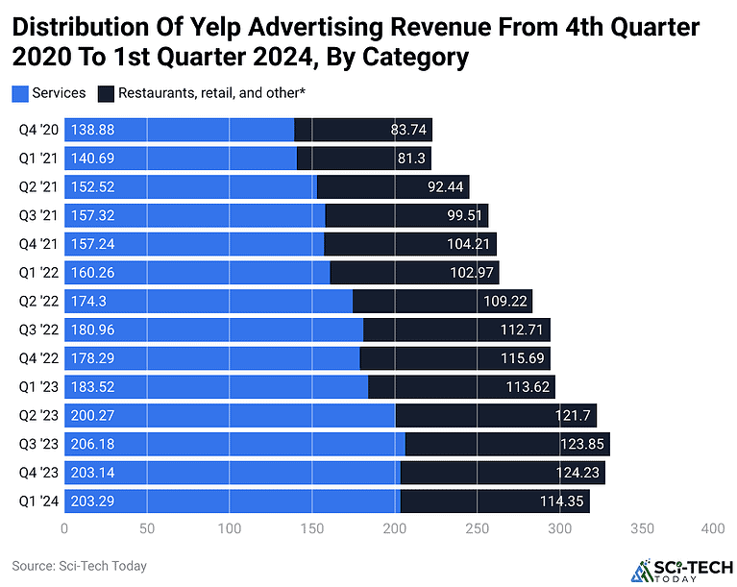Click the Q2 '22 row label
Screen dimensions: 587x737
[x=37, y=302]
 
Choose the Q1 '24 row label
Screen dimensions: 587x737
[x=37, y=501]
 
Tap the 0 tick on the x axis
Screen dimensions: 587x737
[x=64, y=528]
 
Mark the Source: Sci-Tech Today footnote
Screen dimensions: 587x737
[x=79, y=566]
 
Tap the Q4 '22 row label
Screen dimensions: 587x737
[x=37, y=358]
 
